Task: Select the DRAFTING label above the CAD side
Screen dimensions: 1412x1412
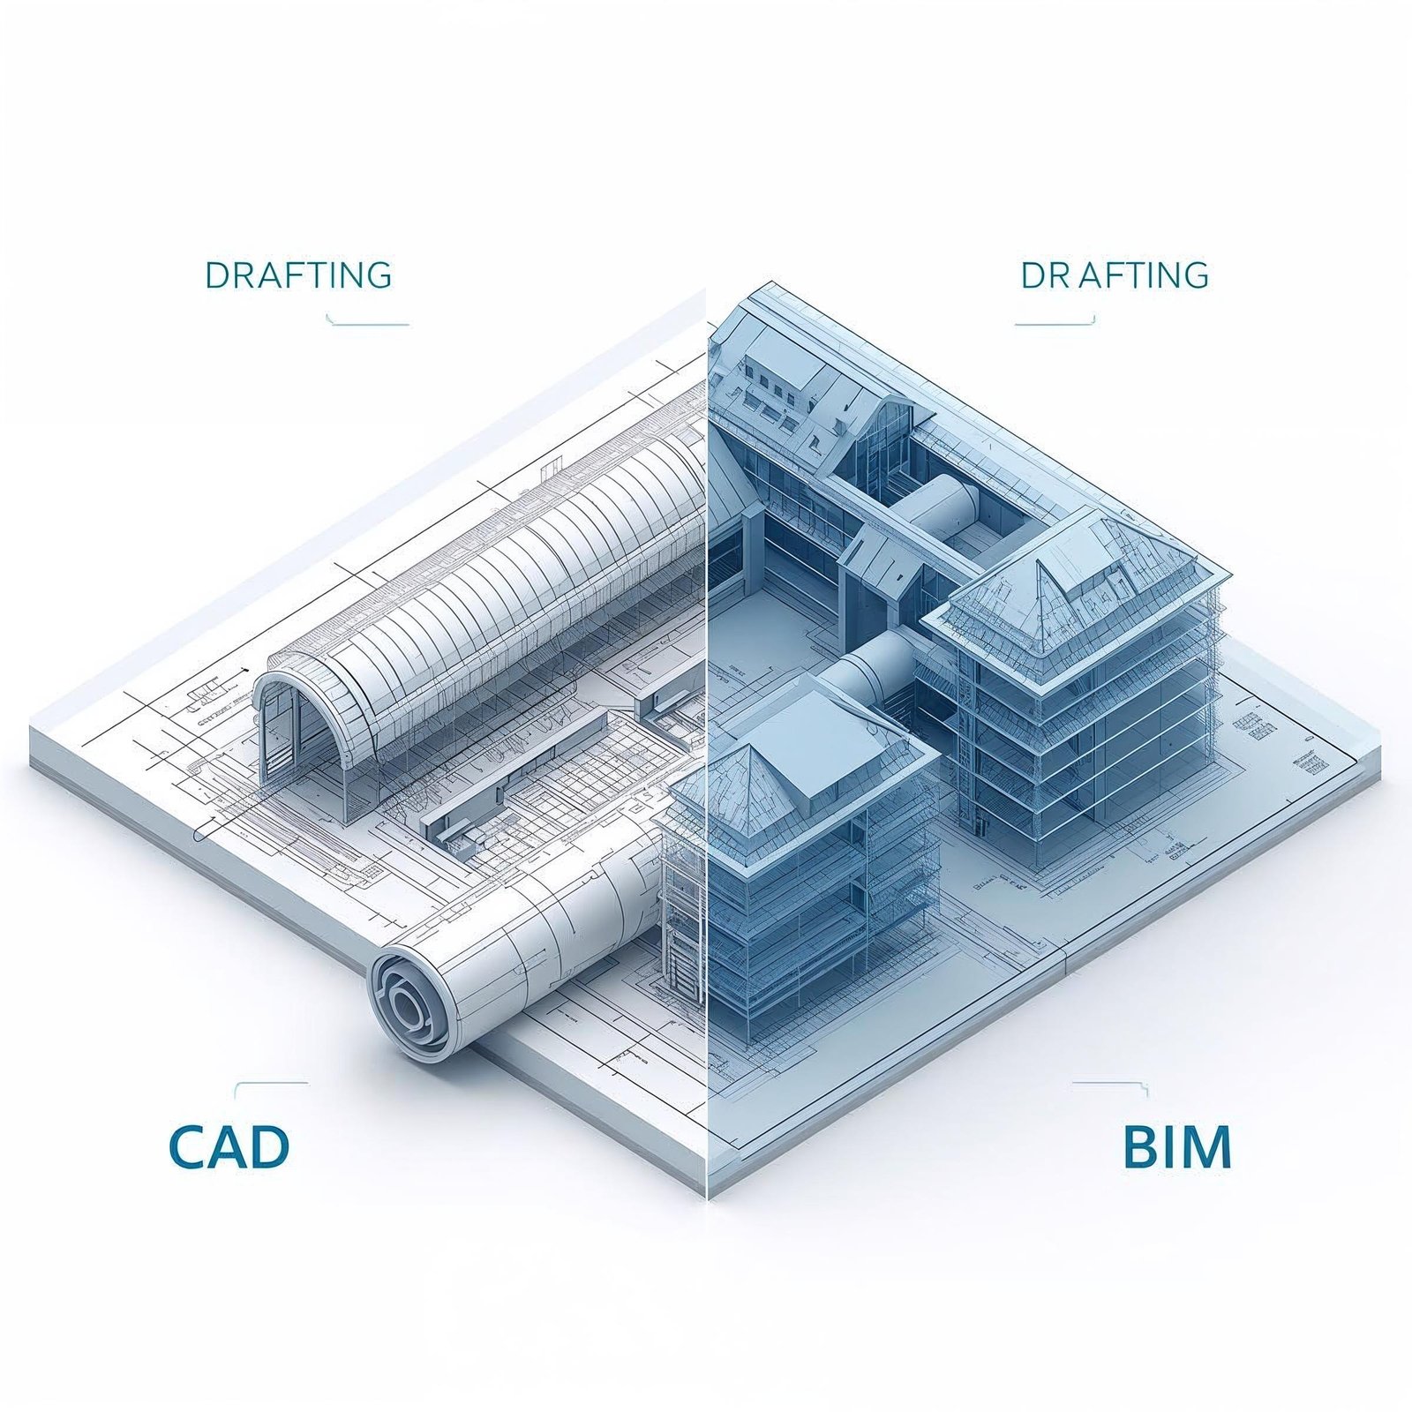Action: point(298,275)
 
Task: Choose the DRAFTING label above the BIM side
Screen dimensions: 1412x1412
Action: point(1115,275)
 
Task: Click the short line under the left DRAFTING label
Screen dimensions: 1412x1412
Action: point(368,323)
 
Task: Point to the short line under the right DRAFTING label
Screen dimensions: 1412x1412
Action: point(1055,323)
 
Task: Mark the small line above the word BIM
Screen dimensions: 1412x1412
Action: point(1108,1083)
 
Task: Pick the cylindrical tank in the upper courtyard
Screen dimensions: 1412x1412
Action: point(940,507)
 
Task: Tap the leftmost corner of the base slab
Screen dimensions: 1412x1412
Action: point(34,741)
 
